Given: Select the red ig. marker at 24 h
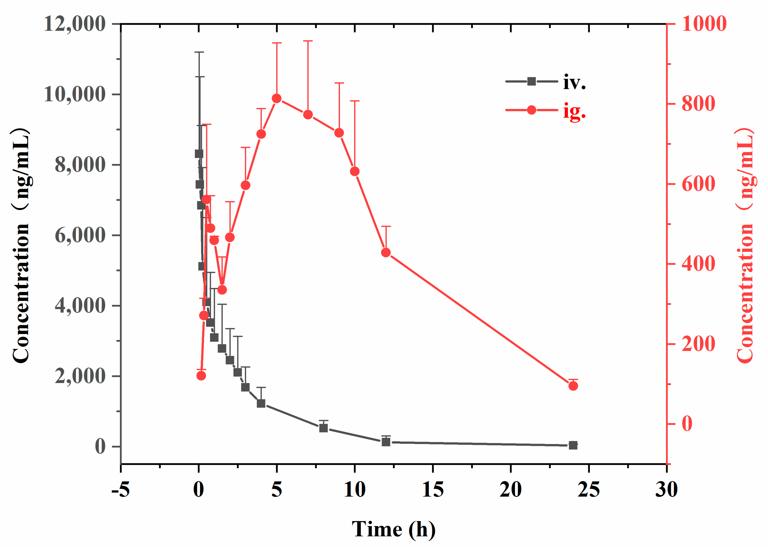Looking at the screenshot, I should [x=573, y=386].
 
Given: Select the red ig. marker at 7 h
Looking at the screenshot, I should [x=308, y=115].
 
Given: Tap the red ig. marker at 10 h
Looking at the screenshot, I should [x=354, y=171].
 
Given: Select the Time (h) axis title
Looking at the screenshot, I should [x=393, y=529].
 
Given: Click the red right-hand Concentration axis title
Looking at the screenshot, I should [x=745, y=246].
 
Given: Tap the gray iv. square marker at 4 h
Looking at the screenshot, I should [x=261, y=403].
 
